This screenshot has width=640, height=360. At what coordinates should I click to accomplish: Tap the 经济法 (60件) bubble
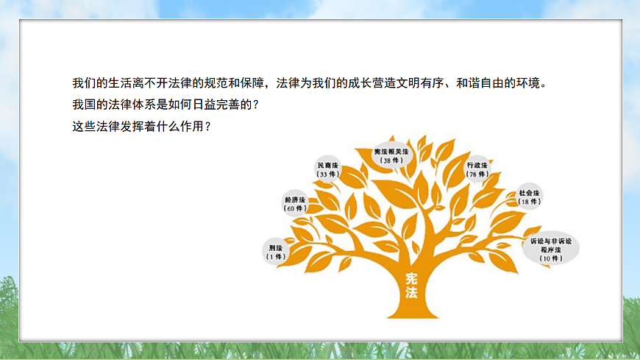tap(295, 204)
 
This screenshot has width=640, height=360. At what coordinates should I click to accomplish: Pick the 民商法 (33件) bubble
tap(327, 169)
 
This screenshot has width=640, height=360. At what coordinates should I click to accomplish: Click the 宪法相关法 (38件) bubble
tap(391, 155)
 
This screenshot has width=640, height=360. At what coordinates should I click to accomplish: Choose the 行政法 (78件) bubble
tap(477, 170)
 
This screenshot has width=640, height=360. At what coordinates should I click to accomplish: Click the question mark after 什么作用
tap(208, 125)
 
